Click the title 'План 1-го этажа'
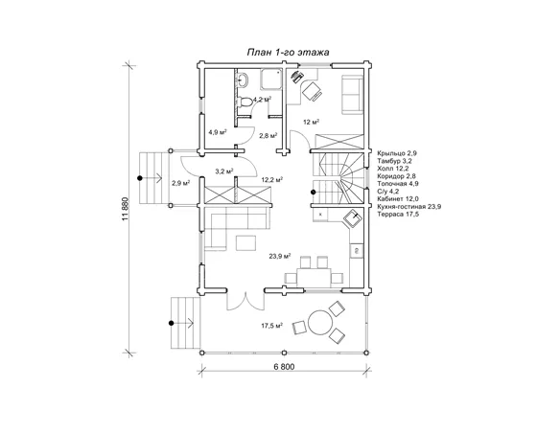point(289,53)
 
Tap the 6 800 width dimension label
point(284,367)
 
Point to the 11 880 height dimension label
point(125,209)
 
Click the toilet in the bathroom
point(245,102)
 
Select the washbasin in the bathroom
point(243,80)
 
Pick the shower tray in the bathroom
point(270,80)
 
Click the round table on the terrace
point(320,323)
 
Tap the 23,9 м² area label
point(280,256)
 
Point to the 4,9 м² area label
point(218,132)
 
